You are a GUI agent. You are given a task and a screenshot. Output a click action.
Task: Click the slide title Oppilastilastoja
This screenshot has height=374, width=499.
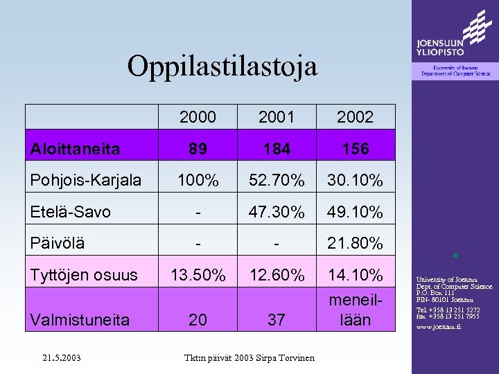click(x=222, y=66)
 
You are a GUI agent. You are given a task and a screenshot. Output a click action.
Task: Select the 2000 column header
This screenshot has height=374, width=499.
click(x=198, y=117)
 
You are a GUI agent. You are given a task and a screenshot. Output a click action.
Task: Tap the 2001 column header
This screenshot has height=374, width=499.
click(x=277, y=117)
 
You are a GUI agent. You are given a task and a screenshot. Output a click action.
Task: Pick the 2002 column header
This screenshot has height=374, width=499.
click(x=355, y=117)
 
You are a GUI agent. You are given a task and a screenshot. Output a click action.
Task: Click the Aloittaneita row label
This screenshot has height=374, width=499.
click(x=75, y=148)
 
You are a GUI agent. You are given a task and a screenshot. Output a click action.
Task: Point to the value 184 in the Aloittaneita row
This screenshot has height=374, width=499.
click(x=277, y=149)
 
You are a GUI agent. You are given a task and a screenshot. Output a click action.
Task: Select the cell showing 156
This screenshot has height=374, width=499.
click(x=355, y=149)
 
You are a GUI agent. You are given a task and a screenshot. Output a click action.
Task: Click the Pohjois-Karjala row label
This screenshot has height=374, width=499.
click(x=86, y=180)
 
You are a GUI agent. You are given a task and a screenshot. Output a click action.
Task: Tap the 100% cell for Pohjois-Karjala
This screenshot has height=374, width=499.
click(x=198, y=181)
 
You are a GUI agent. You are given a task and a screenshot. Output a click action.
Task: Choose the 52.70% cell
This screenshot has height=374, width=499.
click(x=277, y=181)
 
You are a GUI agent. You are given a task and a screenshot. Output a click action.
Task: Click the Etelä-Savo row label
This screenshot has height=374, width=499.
click(x=71, y=212)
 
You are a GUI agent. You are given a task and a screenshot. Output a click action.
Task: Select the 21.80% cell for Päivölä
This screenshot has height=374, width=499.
click(x=355, y=244)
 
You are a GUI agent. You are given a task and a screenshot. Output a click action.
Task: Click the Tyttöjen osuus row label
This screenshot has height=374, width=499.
click(x=84, y=275)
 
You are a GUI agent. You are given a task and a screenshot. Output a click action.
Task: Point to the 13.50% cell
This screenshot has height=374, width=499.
click(x=198, y=276)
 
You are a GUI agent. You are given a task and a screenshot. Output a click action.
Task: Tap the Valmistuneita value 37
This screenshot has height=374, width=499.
click(x=277, y=319)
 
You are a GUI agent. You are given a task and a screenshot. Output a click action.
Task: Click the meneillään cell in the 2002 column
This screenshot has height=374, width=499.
click(x=355, y=310)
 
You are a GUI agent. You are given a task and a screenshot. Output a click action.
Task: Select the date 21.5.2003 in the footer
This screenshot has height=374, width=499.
click(x=61, y=357)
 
